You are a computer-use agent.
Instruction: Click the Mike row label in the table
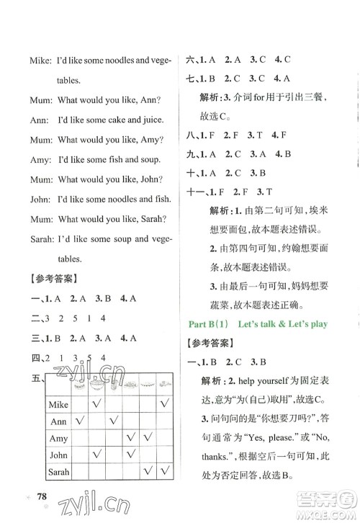[x=58, y=405]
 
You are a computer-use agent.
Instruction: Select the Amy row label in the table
[x=58, y=438]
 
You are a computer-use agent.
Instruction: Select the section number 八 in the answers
[x=192, y=133]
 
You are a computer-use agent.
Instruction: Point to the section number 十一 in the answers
[x=197, y=192]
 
